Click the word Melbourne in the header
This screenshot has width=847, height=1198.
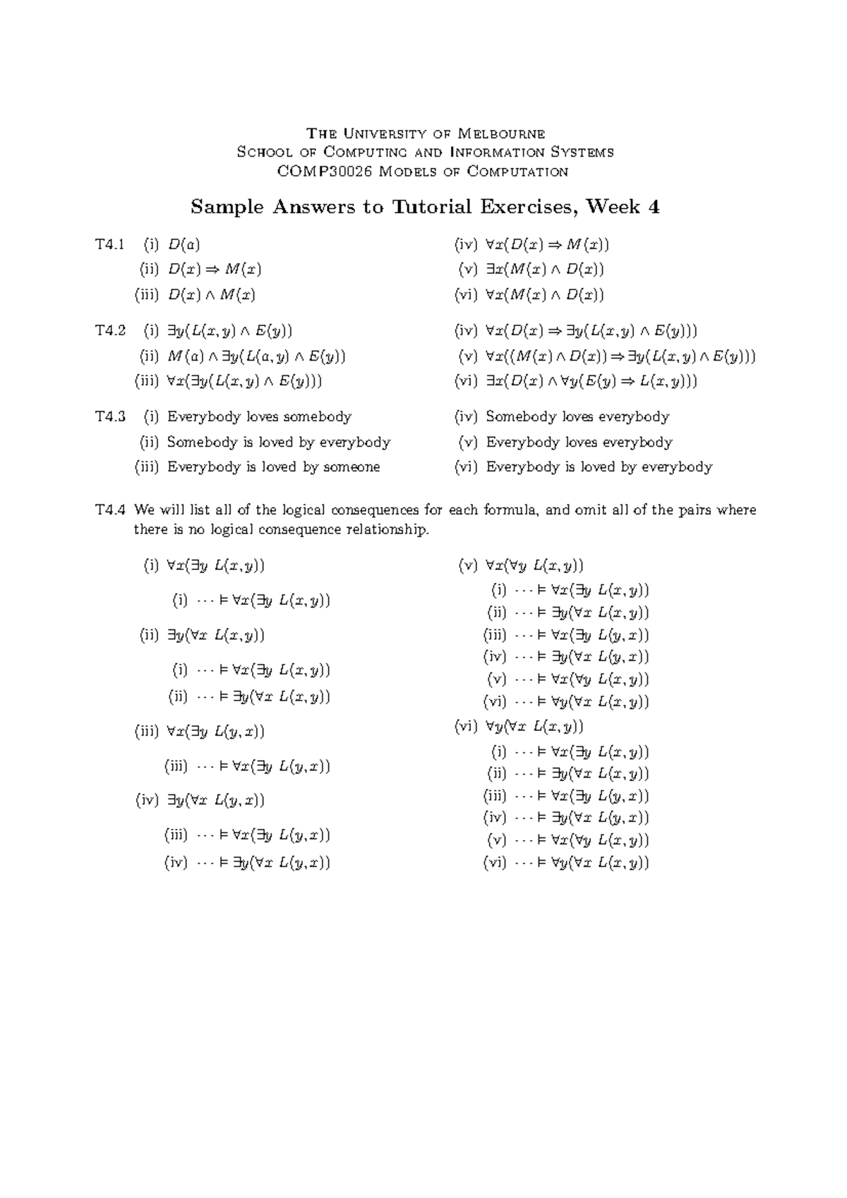tap(501, 133)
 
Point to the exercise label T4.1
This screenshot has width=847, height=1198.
tap(110, 245)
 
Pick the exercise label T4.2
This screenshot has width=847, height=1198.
tap(110, 330)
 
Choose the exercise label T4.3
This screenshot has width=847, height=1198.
tap(110, 416)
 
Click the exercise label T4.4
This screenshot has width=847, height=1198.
tap(110, 509)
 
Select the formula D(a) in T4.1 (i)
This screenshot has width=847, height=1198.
tap(184, 245)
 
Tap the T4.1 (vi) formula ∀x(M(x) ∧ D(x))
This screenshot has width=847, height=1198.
tap(544, 294)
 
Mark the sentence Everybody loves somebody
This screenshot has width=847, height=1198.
tap(259, 416)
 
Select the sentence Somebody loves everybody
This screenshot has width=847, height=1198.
tap(577, 416)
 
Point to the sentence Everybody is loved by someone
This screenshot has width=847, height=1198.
tap(273, 466)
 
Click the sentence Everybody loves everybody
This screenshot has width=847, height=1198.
tap(579, 442)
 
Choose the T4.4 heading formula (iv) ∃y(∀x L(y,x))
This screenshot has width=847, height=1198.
tap(215, 799)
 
